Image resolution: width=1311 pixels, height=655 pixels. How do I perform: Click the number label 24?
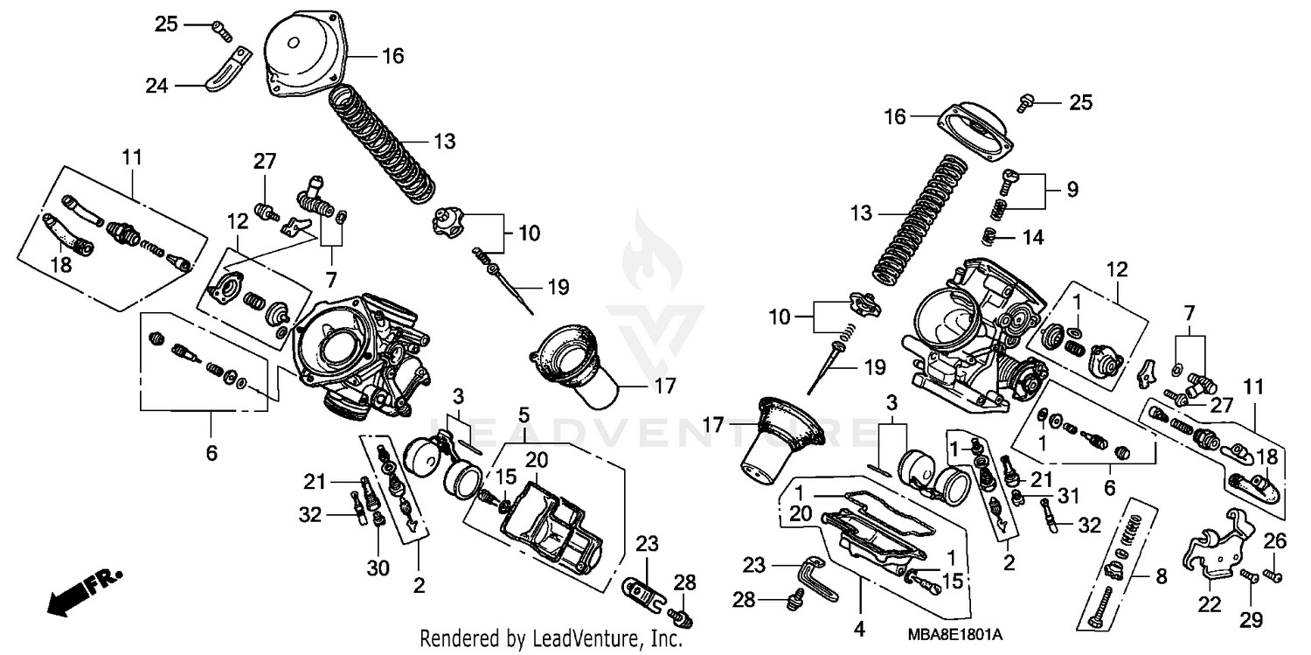(157, 86)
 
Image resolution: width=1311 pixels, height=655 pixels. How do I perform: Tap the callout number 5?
(523, 413)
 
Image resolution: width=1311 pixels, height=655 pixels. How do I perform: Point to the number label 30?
(378, 568)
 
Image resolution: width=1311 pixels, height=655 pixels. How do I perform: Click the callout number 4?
(859, 628)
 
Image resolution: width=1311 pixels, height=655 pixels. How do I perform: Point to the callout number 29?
(1252, 619)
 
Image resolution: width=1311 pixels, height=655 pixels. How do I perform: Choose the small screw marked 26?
(1275, 575)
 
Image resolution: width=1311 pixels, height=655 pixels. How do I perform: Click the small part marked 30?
(378, 521)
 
